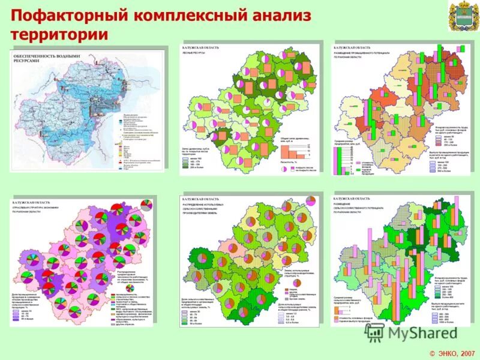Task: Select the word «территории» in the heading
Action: click(59, 34)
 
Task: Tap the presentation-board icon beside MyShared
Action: click(375, 332)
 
